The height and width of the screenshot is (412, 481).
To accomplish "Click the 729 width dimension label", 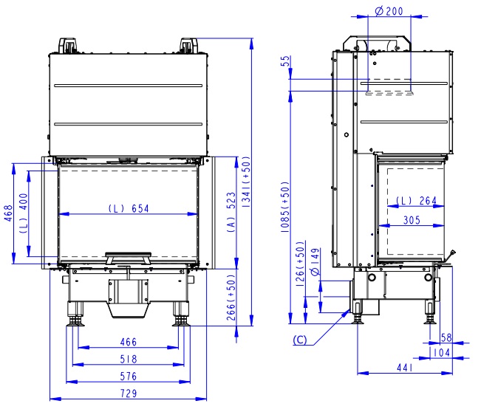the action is click(129, 393).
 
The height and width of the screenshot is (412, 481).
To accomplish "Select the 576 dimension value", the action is click(129, 376).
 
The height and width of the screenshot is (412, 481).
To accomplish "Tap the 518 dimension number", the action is click(129, 359).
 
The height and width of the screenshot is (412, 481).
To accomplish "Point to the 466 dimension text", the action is click(129, 342).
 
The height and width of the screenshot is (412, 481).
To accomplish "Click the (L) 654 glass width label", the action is click(129, 208).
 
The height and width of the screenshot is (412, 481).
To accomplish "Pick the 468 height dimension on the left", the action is click(8, 213).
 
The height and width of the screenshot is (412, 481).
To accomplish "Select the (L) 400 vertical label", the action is click(24, 213).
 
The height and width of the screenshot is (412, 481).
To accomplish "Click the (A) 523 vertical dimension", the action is click(231, 212).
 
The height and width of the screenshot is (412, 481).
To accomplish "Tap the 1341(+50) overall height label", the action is click(246, 182).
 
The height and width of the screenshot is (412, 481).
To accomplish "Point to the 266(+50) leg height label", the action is click(231, 297).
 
